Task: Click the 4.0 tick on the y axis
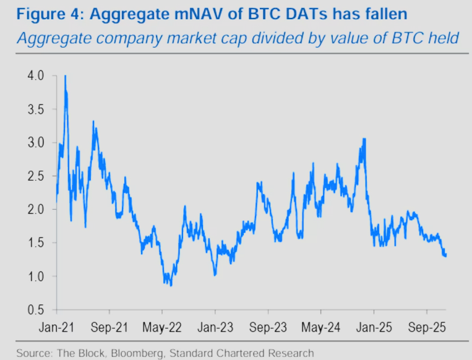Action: pyautogui.click(x=37, y=75)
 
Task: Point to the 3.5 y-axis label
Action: pyautogui.click(x=37, y=109)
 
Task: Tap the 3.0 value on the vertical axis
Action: pyautogui.click(x=37, y=142)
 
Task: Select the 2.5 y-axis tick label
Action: pyautogui.click(x=37, y=176)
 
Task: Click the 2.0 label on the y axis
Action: pyautogui.click(x=37, y=209)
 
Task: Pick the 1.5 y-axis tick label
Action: pyautogui.click(x=37, y=242)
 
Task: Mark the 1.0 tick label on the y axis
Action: pyautogui.click(x=37, y=276)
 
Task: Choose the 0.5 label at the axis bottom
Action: pyautogui.click(x=37, y=309)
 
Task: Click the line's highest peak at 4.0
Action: pyautogui.click(x=65, y=77)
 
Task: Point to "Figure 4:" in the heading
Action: pyautogui.click(x=43, y=14)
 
